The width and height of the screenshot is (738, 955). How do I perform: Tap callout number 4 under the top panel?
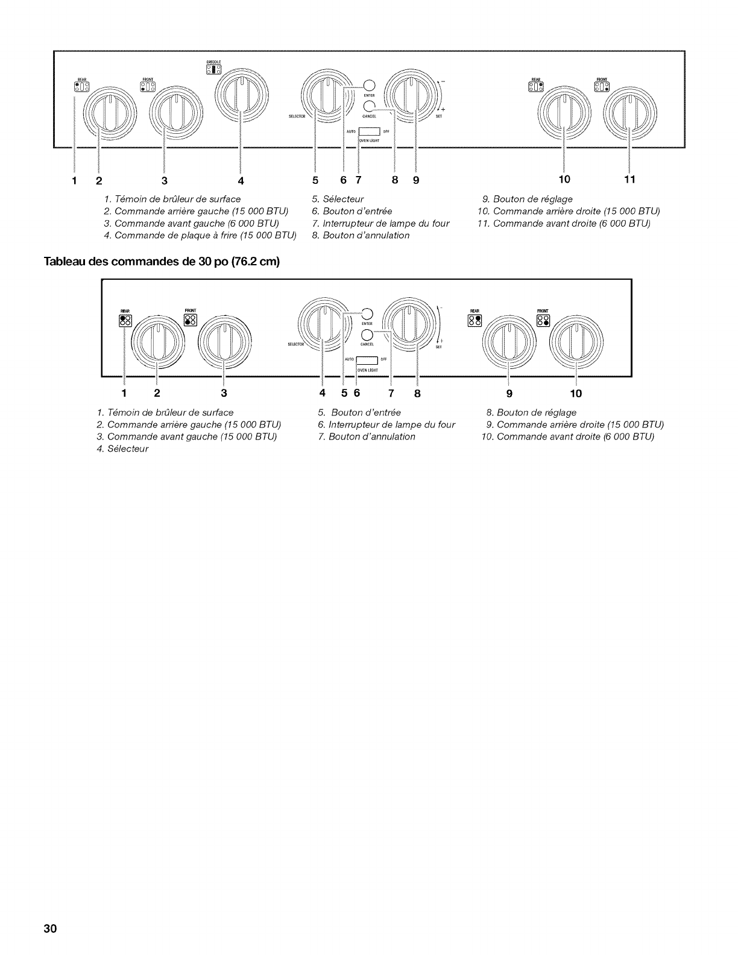coord(241,180)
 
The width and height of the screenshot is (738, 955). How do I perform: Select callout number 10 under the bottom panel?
coord(576,394)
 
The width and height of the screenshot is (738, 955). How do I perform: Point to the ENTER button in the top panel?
coord(370,86)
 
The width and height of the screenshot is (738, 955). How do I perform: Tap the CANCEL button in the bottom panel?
coord(366,336)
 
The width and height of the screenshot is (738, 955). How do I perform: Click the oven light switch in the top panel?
coord(368,133)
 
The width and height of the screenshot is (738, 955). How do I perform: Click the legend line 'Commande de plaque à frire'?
coord(200,235)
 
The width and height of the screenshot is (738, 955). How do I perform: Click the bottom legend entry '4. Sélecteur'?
coord(122,449)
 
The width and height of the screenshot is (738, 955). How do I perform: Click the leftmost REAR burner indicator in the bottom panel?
coord(125,320)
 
